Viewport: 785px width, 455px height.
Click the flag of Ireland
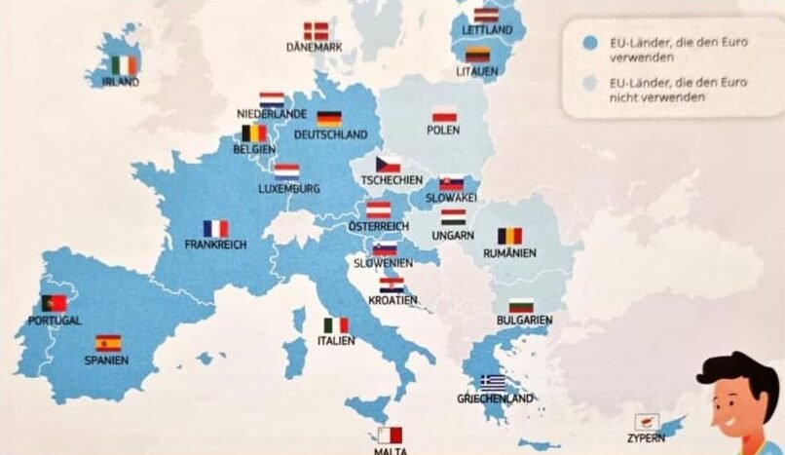[124, 65]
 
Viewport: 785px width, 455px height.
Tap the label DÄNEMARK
[314, 47]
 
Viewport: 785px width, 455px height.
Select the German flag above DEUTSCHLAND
[329, 119]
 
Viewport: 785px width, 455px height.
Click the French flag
[215, 228]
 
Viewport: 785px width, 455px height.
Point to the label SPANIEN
[106, 360]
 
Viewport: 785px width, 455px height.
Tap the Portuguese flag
[54, 303]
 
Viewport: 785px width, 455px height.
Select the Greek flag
[493, 382]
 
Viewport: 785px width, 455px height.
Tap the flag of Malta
[390, 436]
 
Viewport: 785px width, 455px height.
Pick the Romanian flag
[509, 236]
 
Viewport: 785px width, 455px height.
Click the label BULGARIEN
[523, 321]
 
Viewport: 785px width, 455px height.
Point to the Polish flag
[444, 114]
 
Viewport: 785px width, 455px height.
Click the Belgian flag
[254, 133]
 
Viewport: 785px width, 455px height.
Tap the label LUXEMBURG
[289, 188]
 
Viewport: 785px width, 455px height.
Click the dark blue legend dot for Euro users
[587, 45]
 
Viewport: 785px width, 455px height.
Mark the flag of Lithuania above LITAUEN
[476, 56]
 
